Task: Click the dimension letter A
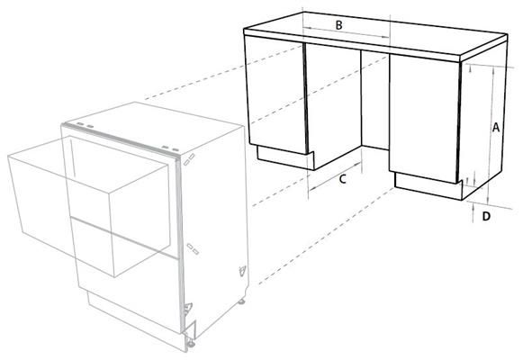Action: click(496, 127)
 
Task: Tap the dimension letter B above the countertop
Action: click(338, 25)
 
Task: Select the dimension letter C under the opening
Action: click(343, 179)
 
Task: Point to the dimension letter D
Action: click(487, 216)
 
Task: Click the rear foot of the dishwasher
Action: click(241, 301)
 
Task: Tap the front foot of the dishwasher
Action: click(191, 344)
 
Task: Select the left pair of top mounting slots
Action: click(85, 125)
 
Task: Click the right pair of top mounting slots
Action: click(170, 148)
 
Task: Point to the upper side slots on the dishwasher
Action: click(189, 159)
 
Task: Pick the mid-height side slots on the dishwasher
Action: click(193, 249)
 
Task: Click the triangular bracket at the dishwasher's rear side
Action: click(242, 270)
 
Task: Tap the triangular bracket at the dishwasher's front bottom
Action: click(188, 308)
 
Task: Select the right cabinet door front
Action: click(424, 119)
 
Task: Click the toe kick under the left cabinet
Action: click(285, 157)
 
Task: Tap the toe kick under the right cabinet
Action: click(428, 186)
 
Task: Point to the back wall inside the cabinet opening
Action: click(375, 100)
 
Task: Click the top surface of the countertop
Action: click(376, 32)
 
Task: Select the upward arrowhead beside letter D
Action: click(474, 207)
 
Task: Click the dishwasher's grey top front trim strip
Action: click(121, 140)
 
